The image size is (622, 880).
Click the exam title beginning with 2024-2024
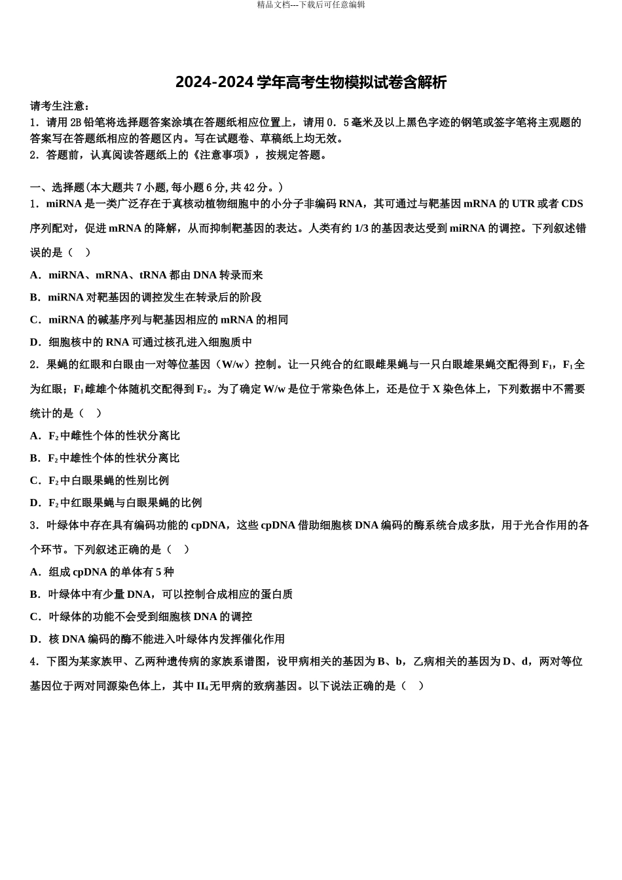pyautogui.click(x=311, y=82)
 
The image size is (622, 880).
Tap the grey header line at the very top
pyautogui.click(x=311, y=5)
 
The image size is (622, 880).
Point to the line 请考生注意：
pyautogui.click(x=60, y=106)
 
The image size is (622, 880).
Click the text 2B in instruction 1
pyautogui.click(x=75, y=122)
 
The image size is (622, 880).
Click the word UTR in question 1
pyautogui.click(x=522, y=204)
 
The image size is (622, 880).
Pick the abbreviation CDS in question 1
pyautogui.click(x=572, y=204)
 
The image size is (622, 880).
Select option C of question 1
pyautogui.click(x=159, y=320)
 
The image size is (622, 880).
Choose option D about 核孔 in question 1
pyautogui.click(x=141, y=342)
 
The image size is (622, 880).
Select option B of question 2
pyautogui.click(x=105, y=458)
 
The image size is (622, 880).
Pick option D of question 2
pyautogui.click(x=116, y=503)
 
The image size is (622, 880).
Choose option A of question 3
pyautogui.click(x=102, y=572)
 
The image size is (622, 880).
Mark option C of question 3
pyautogui.click(x=141, y=617)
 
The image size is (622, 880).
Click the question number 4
pyautogui.click(x=33, y=662)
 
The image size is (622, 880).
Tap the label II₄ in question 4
pyautogui.click(x=202, y=686)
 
